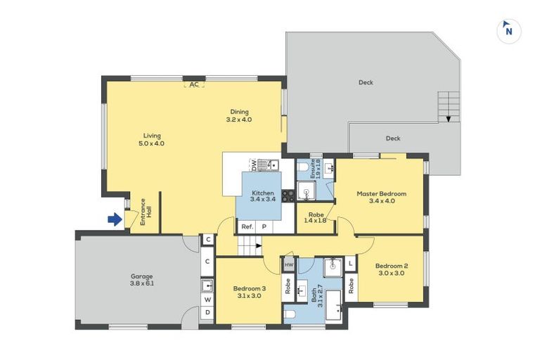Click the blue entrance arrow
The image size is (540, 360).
coord(115,219)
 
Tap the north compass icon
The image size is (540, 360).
coord(508,31)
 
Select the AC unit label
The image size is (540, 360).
coord(194,84)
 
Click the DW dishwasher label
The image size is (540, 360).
coord(254,165)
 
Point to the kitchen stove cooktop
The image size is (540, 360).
coord(288,196)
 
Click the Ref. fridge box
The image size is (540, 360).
coord(247,226)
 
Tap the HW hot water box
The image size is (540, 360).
coord(289,264)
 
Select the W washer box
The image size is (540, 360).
coord(207,300)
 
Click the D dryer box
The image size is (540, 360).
coord(207,312)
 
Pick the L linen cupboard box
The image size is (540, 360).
coord(350,264)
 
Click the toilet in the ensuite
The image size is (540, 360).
coord(303,167)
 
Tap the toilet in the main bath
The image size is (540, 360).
coord(290,314)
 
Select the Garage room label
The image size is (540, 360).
coord(141,280)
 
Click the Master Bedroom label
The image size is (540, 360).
coord(382,198)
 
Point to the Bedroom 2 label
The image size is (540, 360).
coord(392,269)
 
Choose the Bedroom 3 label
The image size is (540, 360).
coord(250,292)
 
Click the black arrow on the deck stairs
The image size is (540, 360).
coord(449,119)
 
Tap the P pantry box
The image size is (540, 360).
coord(264,226)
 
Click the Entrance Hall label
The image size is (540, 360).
coord(146,212)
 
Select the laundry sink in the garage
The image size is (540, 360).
coord(207,285)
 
